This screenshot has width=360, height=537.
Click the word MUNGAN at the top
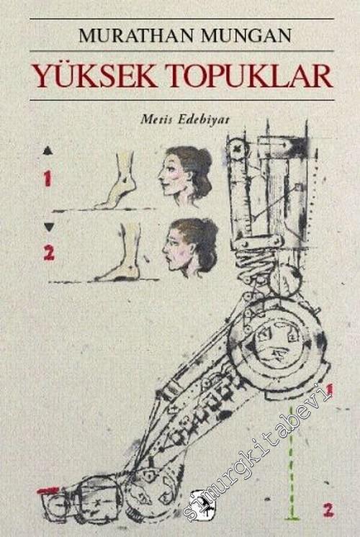(246, 35)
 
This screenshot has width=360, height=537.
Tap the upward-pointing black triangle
(48, 150)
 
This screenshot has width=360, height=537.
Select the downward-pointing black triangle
(49, 227)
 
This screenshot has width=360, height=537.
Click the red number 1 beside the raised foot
(48, 179)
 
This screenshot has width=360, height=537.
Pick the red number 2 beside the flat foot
(49, 253)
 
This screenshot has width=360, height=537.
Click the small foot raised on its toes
(117, 181)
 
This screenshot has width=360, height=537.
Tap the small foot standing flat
(120, 253)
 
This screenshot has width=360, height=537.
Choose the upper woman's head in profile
(185, 176)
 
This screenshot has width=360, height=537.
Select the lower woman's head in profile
(190, 248)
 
